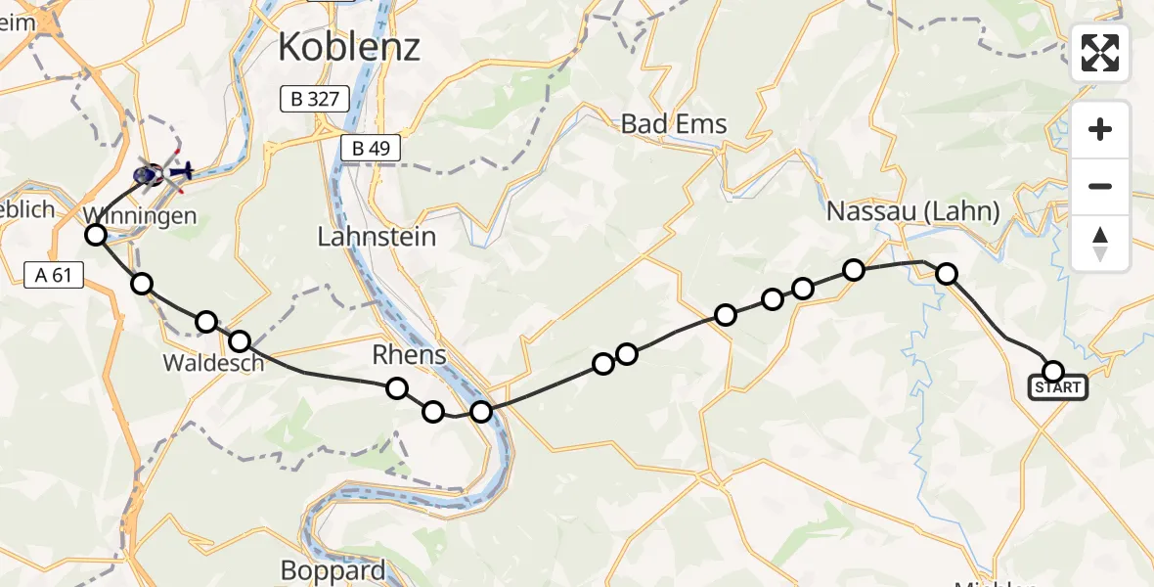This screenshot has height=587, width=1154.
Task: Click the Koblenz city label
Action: click(x=349, y=46)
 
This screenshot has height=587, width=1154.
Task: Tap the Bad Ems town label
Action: click(x=675, y=124)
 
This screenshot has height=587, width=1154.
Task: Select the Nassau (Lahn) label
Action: click(x=912, y=211)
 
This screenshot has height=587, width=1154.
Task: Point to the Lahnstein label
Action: click(x=377, y=237)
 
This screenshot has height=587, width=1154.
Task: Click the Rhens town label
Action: click(x=409, y=354)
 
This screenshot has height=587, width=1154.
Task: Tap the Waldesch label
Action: click(x=213, y=363)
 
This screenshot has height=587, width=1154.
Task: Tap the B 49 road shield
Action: click(x=371, y=149)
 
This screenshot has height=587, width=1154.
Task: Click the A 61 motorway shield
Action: click(x=53, y=276)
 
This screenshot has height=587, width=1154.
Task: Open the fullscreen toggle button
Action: click(x=1100, y=53)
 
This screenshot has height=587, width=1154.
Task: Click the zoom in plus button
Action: click(x=1100, y=129)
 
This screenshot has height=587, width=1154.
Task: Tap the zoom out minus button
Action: click(x=1100, y=186)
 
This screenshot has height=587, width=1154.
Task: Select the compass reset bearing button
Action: click(x=1100, y=243)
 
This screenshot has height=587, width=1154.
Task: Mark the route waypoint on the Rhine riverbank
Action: click(x=481, y=411)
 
